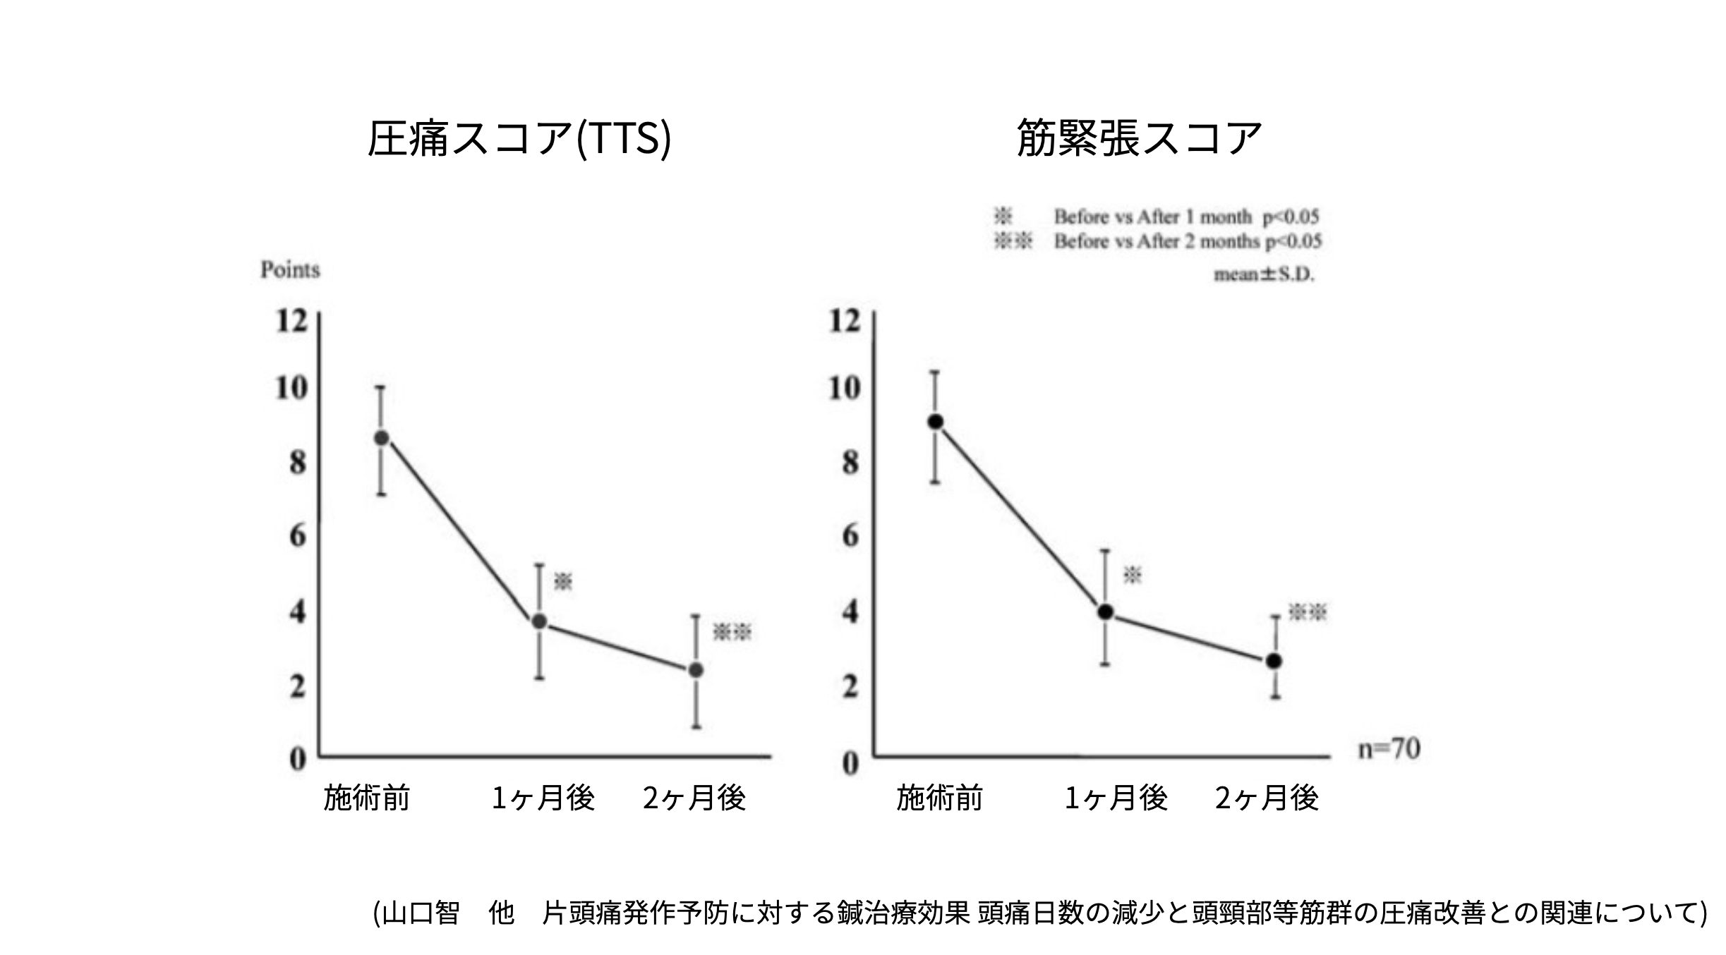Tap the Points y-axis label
click(290, 270)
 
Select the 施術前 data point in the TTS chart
click(381, 438)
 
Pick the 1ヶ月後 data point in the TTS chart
click(539, 621)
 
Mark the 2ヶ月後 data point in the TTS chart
click(696, 670)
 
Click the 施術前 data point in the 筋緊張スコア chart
click(936, 422)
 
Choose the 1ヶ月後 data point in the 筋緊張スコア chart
click(1106, 612)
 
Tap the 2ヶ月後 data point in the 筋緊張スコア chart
click(1274, 661)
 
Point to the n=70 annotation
click(1389, 749)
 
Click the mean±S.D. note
click(1264, 274)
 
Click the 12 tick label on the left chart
click(292, 322)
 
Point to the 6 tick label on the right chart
click(850, 537)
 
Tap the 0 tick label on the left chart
click(298, 760)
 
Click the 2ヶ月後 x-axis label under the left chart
click(694, 798)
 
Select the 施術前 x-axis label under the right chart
click(939, 798)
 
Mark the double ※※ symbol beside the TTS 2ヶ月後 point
click(732, 632)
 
